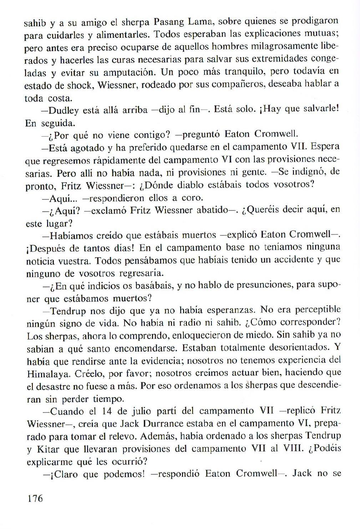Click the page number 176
pos(35,498)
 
